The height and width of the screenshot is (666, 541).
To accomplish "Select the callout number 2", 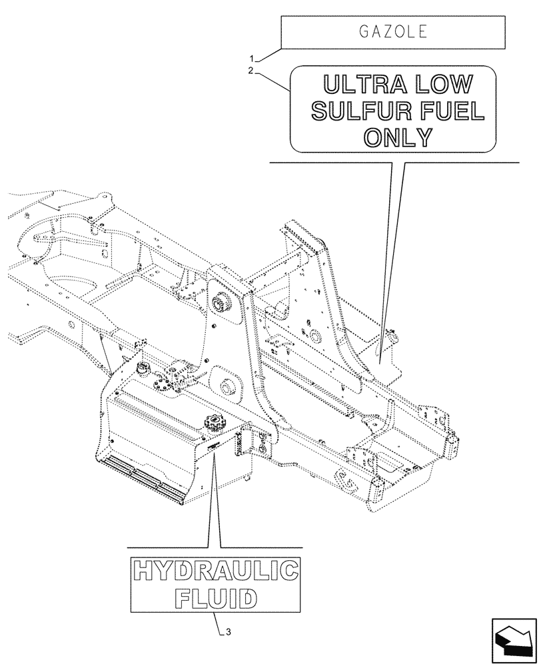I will (x=251, y=71).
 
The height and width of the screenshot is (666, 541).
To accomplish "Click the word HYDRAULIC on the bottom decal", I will (x=215, y=572).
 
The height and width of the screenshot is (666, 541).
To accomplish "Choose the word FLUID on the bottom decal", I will (x=215, y=597).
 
